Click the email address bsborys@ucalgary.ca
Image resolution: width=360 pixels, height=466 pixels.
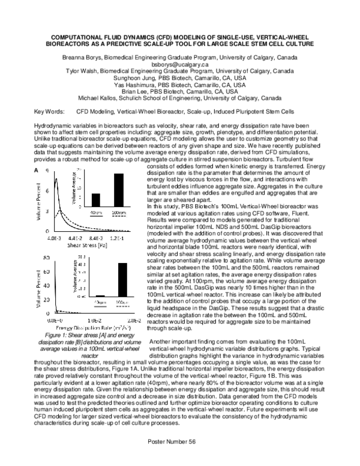pyautogui.click(x=179, y=63)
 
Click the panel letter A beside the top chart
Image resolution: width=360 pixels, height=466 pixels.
pyautogui.click(x=37, y=154)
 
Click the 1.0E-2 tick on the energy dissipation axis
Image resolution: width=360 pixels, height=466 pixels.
pyautogui.click(x=91, y=322)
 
